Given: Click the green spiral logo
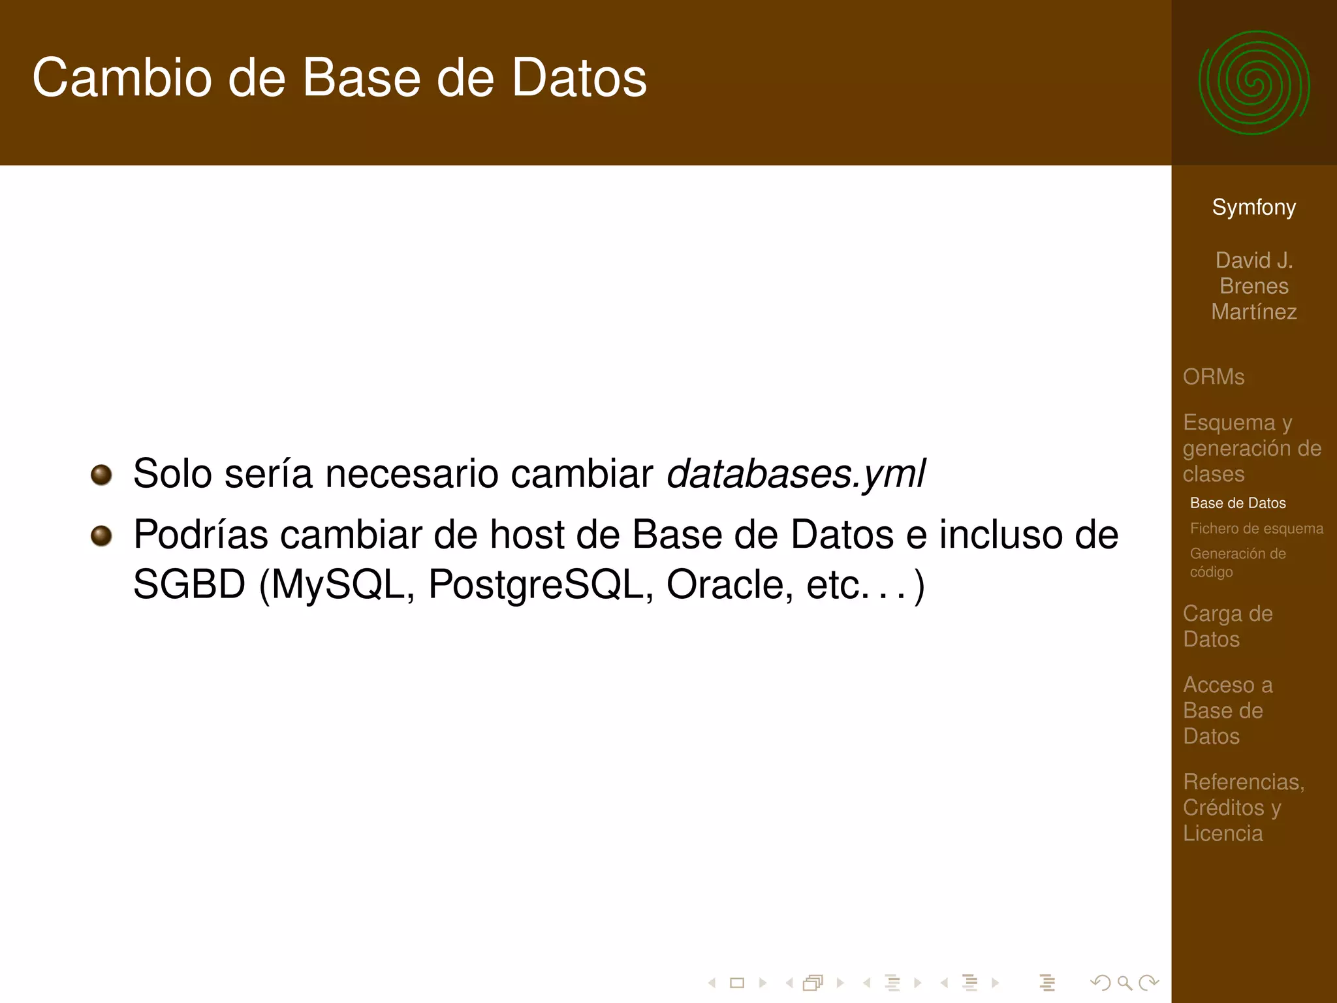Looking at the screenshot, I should coord(1253,83).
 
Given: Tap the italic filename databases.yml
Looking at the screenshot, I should coord(795,473).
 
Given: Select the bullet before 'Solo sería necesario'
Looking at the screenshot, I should coord(101,475).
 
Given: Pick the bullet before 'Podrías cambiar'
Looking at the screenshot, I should coord(101,536).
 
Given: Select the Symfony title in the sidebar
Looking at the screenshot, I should coord(1253,207).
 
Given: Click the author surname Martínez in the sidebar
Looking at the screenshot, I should coord(1253,312).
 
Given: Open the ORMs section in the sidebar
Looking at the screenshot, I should coord(1214,377).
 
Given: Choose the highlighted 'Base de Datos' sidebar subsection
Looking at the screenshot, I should coord(1238,503).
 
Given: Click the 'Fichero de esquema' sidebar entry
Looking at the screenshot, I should coord(1256,528).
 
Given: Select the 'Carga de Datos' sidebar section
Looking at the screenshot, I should coord(1227,626).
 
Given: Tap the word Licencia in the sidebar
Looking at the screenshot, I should coord(1223,833).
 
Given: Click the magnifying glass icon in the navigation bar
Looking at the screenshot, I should coord(1124,982).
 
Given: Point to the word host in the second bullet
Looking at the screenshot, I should coord(525,535).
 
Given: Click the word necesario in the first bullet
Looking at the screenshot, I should coord(411,473).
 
